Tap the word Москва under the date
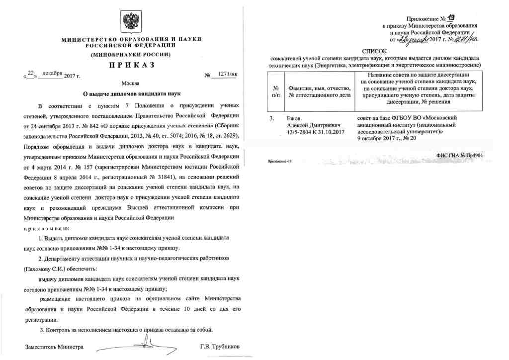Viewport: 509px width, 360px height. click(130, 84)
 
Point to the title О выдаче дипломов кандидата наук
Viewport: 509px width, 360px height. click(131, 93)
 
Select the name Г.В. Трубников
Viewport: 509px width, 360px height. click(219, 346)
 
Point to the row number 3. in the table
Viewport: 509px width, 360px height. click(272, 118)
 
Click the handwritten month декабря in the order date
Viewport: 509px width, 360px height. click(53, 74)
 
